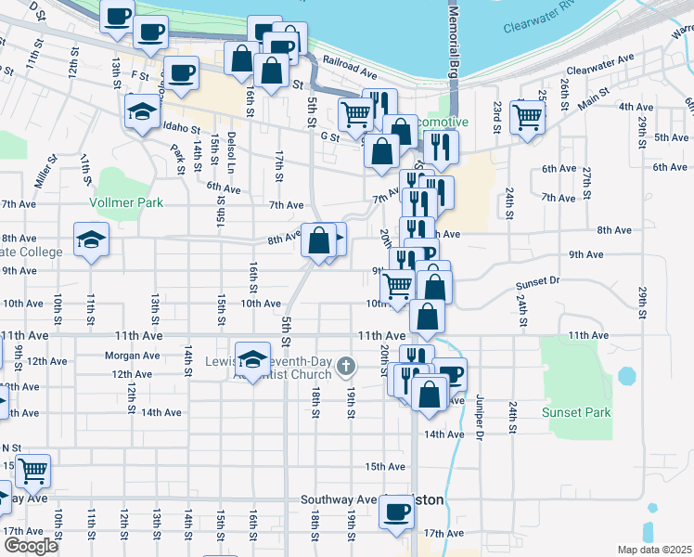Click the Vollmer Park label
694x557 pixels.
[126, 202]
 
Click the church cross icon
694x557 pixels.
[346, 367]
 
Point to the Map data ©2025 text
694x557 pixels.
[655, 550]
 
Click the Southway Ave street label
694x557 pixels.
[338, 499]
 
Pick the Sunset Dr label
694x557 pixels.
[538, 279]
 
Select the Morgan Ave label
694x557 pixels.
[134, 356]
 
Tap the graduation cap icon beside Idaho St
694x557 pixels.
[142, 112]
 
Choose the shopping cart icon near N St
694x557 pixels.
[32, 471]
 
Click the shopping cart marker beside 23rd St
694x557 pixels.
[527, 118]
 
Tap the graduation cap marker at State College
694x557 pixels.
[91, 240]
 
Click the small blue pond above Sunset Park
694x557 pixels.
[627, 376]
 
